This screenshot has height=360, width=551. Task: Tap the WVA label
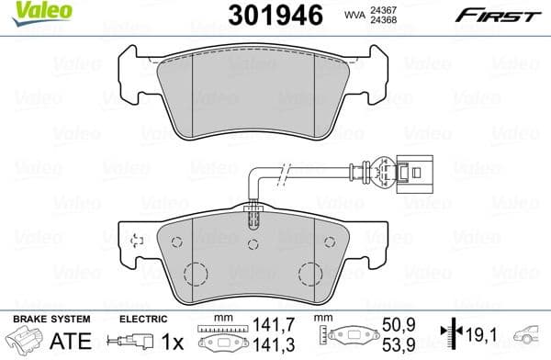pyautogui.click(x=354, y=16)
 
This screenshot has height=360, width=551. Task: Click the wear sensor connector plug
pyautogui.click(x=410, y=172)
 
